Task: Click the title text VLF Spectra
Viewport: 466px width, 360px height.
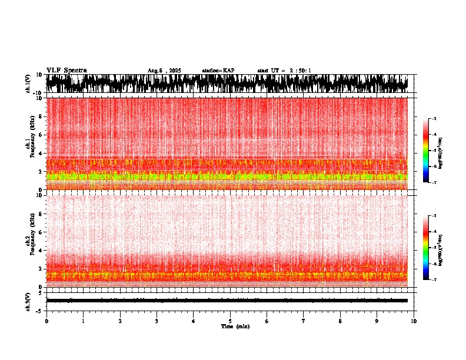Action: [x=66, y=70]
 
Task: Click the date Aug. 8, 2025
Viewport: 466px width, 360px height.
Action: [x=164, y=71]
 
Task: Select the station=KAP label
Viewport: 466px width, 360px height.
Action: [x=218, y=71]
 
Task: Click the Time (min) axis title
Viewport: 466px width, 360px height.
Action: [x=235, y=326]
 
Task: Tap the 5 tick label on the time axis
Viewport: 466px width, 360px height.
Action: [x=230, y=321]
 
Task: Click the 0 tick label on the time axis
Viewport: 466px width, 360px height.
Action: [x=46, y=321]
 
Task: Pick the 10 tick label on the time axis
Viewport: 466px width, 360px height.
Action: [x=414, y=321]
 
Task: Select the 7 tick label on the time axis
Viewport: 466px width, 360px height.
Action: [x=304, y=321]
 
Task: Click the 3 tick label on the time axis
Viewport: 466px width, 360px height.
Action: [x=157, y=321]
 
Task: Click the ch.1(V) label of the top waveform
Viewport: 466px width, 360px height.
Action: [x=28, y=84]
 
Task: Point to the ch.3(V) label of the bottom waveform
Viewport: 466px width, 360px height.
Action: [x=28, y=301]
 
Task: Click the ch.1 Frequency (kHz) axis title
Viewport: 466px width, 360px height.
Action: [x=29, y=144]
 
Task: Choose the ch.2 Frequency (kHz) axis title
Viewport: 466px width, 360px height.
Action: [x=29, y=241]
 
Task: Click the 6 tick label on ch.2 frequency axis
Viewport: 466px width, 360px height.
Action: [x=41, y=232]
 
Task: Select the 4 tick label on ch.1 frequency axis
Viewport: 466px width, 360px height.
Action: [x=41, y=153]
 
